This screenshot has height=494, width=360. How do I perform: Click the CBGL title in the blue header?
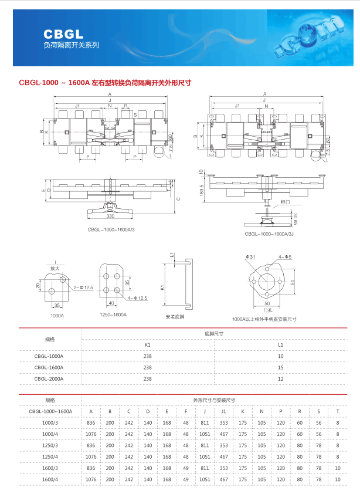(63, 35)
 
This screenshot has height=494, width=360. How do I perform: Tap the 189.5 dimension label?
(201, 189)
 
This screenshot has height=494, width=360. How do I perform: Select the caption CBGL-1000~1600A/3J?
(269, 234)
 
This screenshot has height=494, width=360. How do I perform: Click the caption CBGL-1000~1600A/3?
(111, 230)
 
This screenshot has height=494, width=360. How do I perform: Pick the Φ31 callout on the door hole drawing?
(250, 257)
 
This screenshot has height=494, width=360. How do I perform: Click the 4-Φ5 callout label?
(285, 257)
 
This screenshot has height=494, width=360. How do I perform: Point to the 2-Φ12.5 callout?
(84, 287)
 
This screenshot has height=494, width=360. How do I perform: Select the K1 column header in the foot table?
(148, 344)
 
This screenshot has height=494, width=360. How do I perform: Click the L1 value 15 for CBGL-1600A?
(280, 367)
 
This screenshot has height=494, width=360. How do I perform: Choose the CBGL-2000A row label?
(49, 378)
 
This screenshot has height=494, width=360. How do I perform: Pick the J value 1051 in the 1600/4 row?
(205, 479)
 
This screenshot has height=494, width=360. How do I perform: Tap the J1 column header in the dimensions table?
(223, 411)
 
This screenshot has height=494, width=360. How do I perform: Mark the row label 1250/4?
(50, 456)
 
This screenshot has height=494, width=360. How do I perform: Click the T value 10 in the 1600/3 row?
(337, 468)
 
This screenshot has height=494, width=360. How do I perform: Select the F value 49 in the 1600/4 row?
(186, 479)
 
